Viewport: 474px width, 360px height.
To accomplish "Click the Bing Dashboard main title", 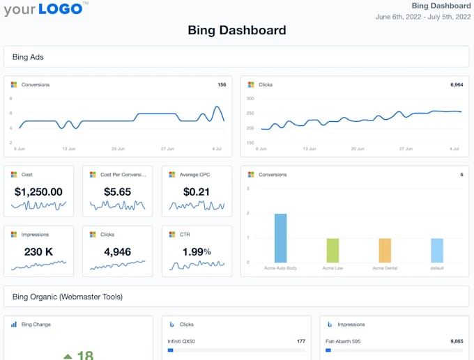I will (x=237, y=30).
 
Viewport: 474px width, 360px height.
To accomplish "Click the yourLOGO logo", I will (x=46, y=9).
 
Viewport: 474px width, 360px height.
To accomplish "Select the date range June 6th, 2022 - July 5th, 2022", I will (x=423, y=17).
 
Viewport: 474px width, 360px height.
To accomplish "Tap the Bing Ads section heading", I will (x=28, y=57).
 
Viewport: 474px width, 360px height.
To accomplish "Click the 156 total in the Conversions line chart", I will (x=222, y=85).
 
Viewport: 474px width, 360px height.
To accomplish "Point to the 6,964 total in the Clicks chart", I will (x=457, y=85).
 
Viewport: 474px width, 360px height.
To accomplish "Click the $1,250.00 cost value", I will (x=38, y=192).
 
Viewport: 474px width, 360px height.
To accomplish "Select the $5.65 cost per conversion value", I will (x=117, y=192).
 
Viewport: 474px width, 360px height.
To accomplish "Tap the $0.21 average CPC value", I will (x=196, y=192).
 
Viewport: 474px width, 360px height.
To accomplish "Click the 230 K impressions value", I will (x=38, y=252).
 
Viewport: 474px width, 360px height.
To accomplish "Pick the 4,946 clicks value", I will (x=117, y=252).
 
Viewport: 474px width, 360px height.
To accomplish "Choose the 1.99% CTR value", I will (x=196, y=252).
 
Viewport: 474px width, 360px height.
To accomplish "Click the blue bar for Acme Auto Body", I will (x=280, y=238).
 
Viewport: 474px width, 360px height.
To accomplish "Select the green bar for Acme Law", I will (x=332, y=250).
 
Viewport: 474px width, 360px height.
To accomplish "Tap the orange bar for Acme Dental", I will (x=385, y=250).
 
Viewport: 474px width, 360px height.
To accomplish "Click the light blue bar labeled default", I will (x=437, y=250).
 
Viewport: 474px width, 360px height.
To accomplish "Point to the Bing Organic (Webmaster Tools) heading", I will (x=68, y=297).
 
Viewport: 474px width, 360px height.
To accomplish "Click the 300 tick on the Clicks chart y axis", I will (x=250, y=99).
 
